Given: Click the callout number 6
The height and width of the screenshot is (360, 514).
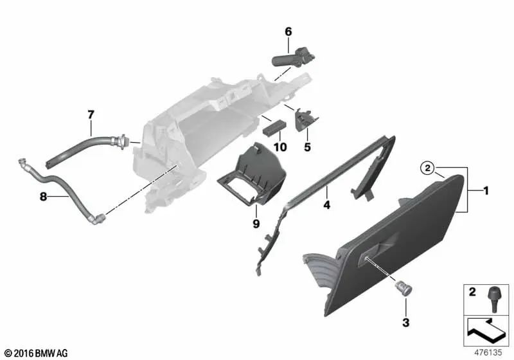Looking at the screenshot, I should [288, 31].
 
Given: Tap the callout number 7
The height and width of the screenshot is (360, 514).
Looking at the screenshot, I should [91, 114].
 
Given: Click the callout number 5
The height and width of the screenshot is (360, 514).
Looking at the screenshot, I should [306, 147].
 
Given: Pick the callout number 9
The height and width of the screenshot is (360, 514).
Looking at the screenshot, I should [256, 224].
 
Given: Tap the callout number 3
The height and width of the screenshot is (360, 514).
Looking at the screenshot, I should [405, 321].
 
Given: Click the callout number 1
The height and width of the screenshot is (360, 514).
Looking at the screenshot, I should [486, 190].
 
